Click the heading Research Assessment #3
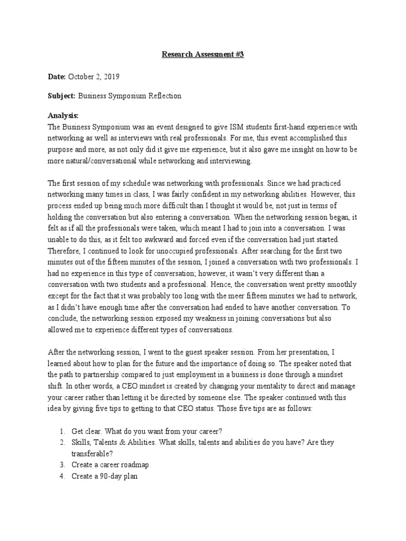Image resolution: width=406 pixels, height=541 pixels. click(202, 53)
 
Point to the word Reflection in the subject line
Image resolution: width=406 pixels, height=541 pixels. click(164, 96)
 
